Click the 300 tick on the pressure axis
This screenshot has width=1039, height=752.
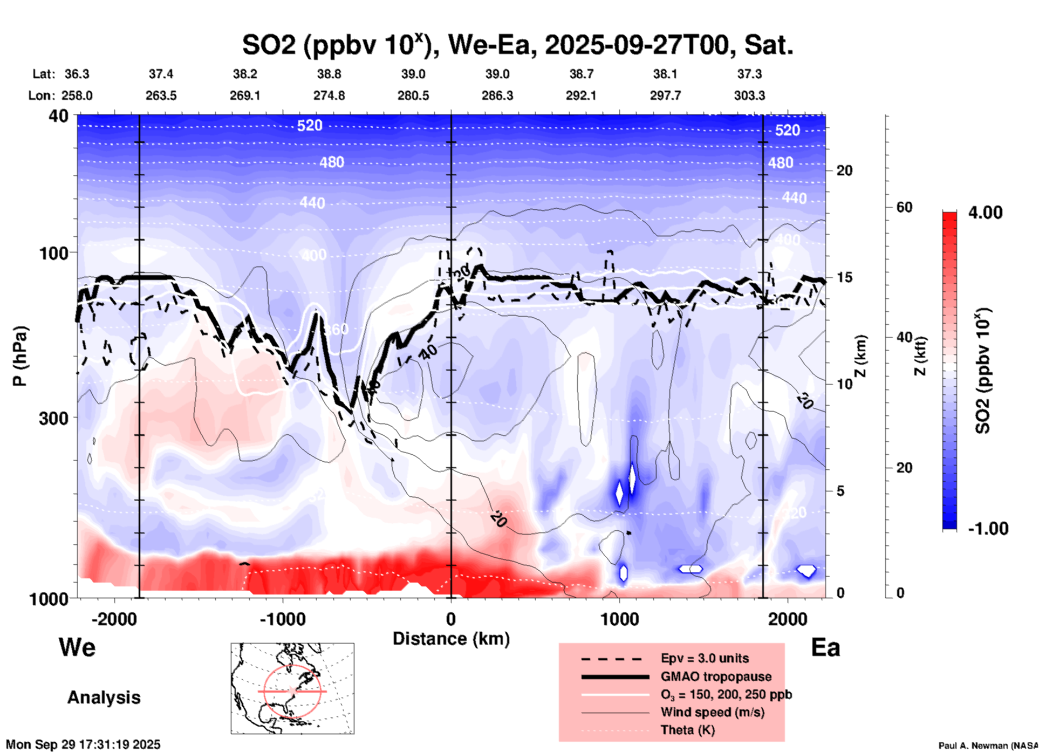[x=54, y=418]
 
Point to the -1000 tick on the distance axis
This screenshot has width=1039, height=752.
[x=282, y=619]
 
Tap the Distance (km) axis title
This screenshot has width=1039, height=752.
[x=451, y=639]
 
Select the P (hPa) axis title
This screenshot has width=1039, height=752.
[x=20, y=357]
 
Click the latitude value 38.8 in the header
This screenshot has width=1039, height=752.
[x=329, y=74]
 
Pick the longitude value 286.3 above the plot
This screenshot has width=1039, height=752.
[x=497, y=95]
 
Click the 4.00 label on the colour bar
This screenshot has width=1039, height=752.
[x=985, y=212]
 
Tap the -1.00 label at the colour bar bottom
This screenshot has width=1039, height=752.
[x=988, y=528]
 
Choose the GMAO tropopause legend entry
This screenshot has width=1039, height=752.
[x=716, y=676]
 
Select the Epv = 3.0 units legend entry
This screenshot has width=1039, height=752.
[x=705, y=658]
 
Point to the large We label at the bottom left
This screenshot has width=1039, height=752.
[x=77, y=647]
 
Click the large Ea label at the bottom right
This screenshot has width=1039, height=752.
[x=825, y=647]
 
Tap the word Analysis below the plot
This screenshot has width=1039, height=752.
[x=104, y=697]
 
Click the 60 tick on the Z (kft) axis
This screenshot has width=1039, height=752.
[x=904, y=207]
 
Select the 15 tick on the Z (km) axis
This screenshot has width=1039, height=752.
[x=844, y=277]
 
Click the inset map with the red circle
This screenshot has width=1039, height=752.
[x=292, y=688]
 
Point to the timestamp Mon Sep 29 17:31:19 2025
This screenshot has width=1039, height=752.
[x=83, y=744]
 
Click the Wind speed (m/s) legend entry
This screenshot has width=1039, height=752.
[x=712, y=712]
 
